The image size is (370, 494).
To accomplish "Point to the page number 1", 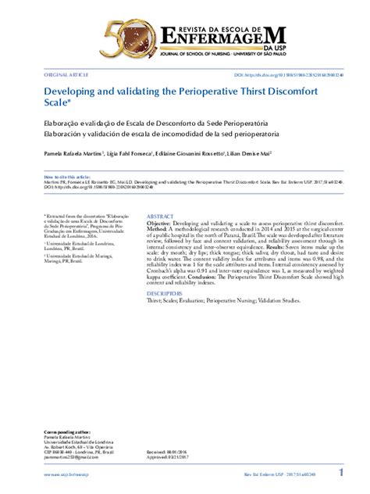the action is pyautogui.click(x=341, y=473).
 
